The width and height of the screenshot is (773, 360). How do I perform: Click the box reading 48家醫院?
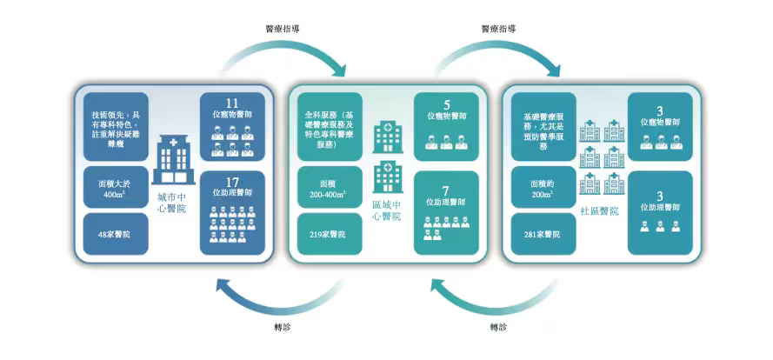pos(115,234)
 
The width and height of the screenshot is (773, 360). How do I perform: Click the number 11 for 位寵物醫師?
pos(231,103)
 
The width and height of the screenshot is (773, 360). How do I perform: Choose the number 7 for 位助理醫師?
pos(446,190)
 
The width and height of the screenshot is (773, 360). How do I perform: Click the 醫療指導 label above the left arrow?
pos(282,29)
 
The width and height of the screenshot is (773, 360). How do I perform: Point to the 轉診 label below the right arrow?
pos(497,328)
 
